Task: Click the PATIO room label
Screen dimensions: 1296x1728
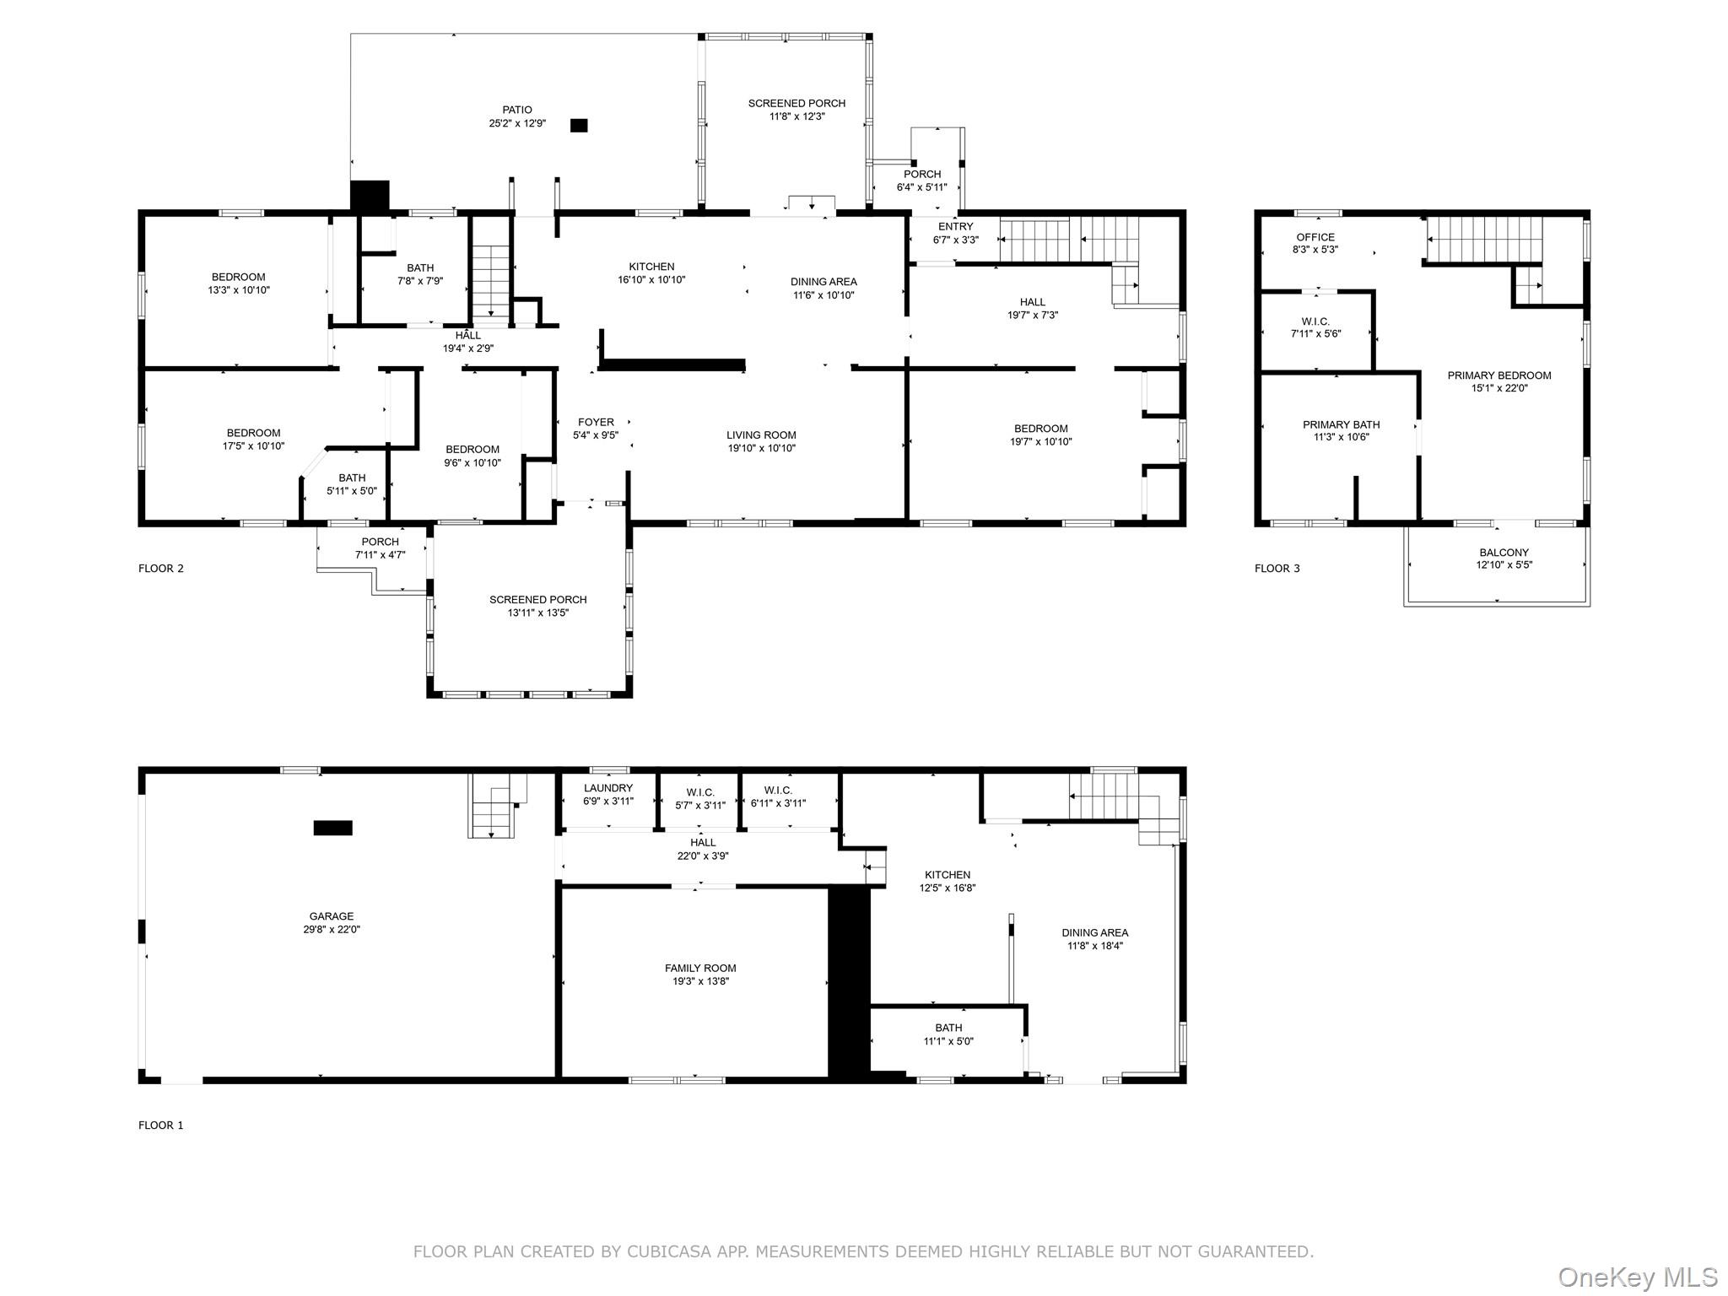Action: click(517, 110)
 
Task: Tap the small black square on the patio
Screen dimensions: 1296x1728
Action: click(579, 126)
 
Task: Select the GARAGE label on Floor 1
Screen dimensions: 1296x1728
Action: click(332, 916)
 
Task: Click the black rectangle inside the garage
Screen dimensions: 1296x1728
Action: click(332, 828)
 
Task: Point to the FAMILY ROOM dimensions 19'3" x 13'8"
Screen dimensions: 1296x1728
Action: click(700, 981)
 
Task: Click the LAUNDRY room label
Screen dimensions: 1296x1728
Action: click(607, 788)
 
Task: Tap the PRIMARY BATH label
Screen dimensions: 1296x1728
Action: click(1341, 424)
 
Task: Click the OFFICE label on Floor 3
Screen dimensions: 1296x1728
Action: click(1315, 237)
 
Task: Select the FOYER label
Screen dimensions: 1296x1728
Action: click(596, 423)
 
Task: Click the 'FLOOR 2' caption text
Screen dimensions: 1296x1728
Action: click(161, 569)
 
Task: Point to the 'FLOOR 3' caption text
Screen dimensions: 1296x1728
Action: click(1277, 569)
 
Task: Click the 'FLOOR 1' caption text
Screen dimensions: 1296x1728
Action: click(161, 1126)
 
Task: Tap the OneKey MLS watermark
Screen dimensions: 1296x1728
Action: click(1637, 1277)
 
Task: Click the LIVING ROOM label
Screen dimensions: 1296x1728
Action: click(761, 435)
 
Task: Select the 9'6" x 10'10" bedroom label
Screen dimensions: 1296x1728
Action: click(472, 462)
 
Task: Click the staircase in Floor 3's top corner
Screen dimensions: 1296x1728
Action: click(1484, 239)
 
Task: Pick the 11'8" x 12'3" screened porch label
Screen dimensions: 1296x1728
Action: click(796, 104)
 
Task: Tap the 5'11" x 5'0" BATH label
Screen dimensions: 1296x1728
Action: click(352, 478)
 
